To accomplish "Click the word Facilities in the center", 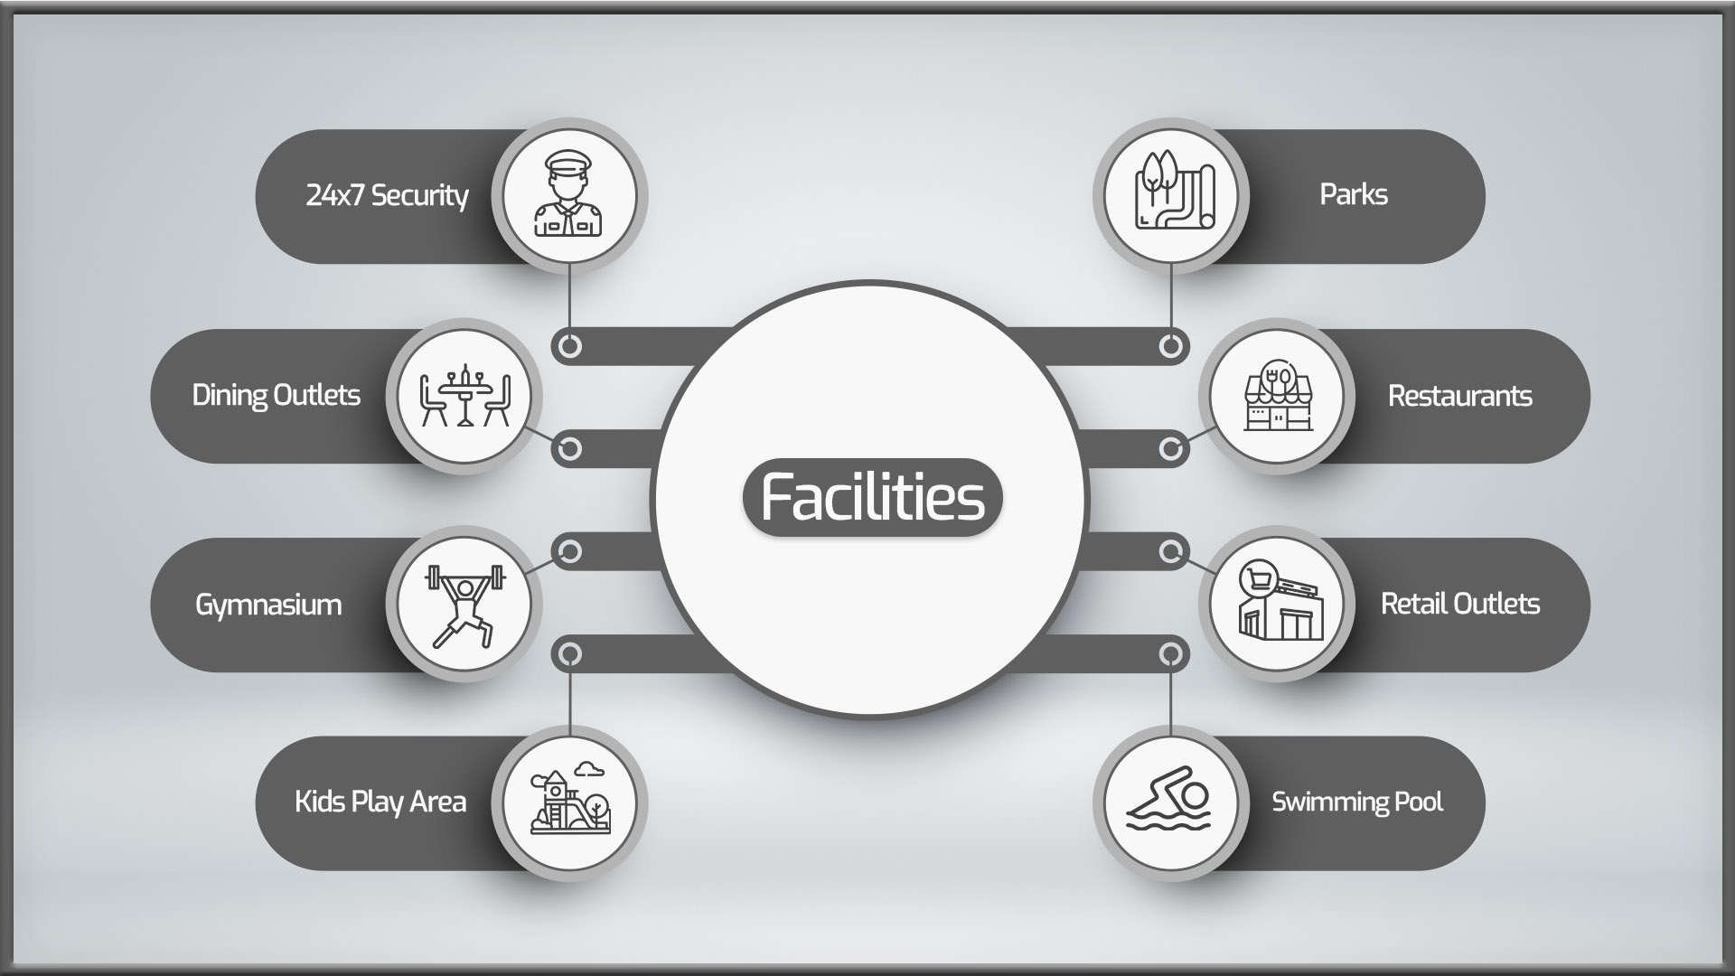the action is tap(872, 497).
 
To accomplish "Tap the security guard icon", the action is tap(567, 194).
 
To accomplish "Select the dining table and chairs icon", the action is tap(464, 396).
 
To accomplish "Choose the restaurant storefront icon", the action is tap(1278, 396).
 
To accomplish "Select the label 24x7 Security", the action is tap(387, 195).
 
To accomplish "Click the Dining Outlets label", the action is tap(276, 395).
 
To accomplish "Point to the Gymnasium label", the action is tap(268, 605).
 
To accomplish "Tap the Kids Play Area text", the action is tap(380, 802).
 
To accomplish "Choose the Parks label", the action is tap(1354, 194).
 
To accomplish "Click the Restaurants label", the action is tap(1459, 396).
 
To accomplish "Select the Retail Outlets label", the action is tap(1460, 604).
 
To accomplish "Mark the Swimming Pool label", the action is tap(1357, 802).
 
